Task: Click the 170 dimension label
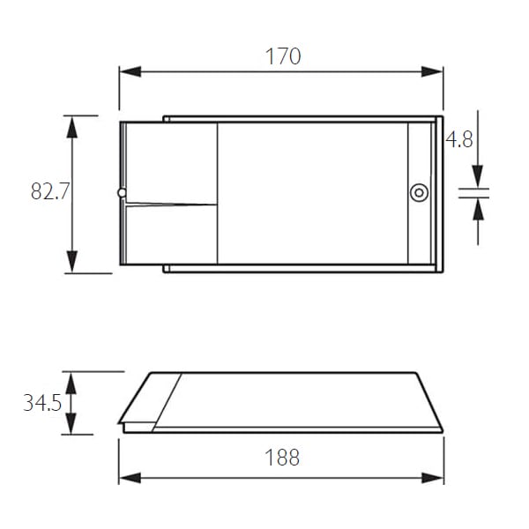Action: tap(283, 56)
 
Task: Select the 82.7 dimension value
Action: tap(50, 191)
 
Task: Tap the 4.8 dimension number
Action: tap(459, 139)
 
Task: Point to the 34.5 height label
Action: tap(42, 403)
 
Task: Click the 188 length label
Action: tap(282, 458)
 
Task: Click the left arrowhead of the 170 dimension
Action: tap(130, 71)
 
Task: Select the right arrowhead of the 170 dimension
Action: tap(432, 71)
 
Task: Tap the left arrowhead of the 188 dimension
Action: tap(130, 478)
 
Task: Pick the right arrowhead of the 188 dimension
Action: tap(433, 478)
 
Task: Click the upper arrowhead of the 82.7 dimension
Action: tap(72, 127)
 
